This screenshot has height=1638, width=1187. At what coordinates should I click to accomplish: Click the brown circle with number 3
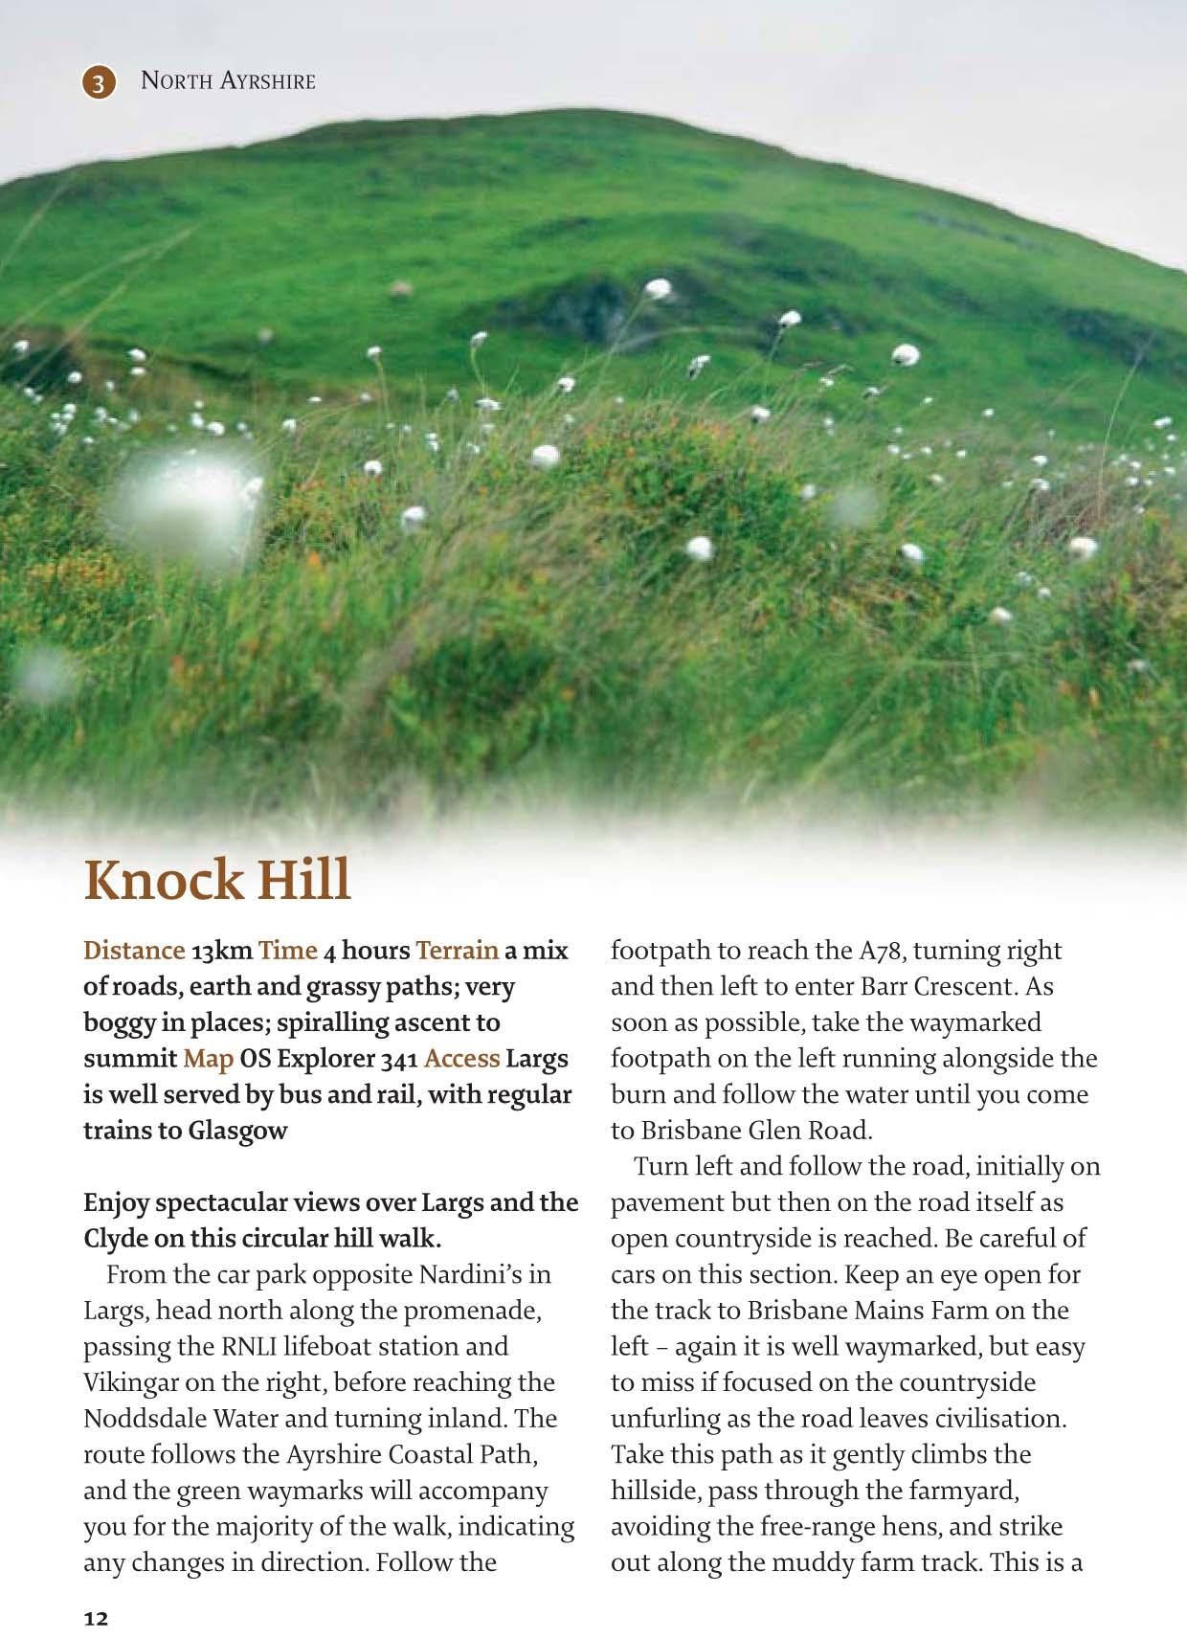(x=98, y=82)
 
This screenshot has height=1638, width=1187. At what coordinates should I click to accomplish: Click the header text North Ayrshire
(x=228, y=81)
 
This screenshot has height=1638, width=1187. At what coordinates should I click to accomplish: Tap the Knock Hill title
(x=217, y=879)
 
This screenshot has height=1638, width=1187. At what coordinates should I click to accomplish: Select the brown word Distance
(x=134, y=951)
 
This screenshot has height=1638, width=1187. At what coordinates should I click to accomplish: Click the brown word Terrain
(x=457, y=951)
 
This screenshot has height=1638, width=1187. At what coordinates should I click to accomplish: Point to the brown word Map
(x=209, y=1059)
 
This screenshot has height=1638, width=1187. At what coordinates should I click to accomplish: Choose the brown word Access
(x=461, y=1059)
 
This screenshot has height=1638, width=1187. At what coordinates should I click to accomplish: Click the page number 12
(x=97, y=1619)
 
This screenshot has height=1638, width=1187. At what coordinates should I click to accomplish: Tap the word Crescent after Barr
(x=952, y=987)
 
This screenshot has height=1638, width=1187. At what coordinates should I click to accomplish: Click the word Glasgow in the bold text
(x=237, y=1131)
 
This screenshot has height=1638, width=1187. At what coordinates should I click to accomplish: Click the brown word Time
(x=287, y=951)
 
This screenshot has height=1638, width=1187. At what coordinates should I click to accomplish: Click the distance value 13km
(x=222, y=951)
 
